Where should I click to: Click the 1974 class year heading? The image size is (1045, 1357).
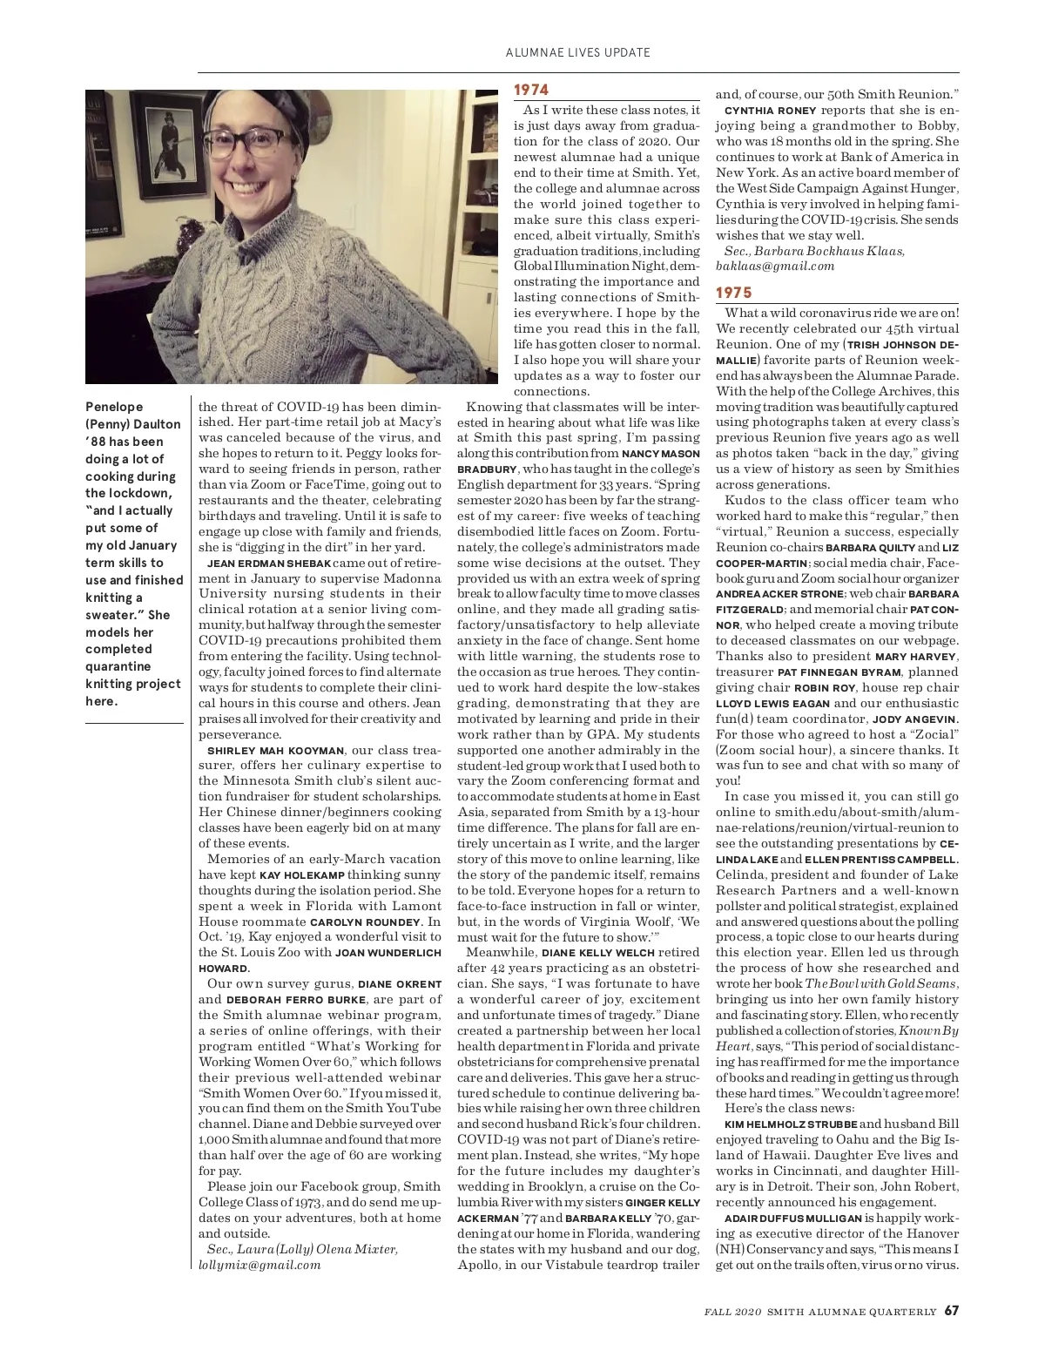[x=530, y=90]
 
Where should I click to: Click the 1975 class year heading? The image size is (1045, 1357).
[x=733, y=293]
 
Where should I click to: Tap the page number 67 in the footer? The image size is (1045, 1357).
[x=951, y=1310]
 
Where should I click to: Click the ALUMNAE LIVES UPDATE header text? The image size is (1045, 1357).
[x=577, y=52]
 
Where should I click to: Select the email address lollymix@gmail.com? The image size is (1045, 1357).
[x=260, y=1265]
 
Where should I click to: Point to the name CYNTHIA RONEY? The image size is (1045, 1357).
[x=770, y=111]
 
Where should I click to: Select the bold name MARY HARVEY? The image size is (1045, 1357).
[x=915, y=657]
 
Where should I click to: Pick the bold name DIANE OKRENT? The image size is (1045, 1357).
[x=400, y=984]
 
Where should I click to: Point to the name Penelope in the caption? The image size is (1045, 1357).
[x=114, y=407]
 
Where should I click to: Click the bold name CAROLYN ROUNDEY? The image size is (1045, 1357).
[x=365, y=922]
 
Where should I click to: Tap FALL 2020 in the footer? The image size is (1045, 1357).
[x=733, y=1311]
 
